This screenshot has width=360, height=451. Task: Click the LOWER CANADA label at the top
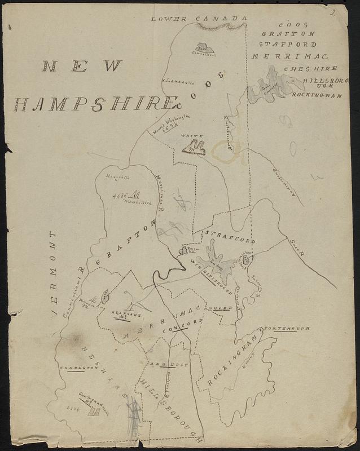click(199, 20)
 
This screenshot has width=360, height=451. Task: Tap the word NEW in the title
click(82, 67)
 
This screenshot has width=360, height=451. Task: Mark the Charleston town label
click(80, 367)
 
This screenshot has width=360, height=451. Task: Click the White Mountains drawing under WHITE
click(193, 148)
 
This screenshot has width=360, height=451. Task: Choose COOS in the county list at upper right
click(292, 25)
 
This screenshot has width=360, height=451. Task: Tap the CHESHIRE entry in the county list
click(310, 69)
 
